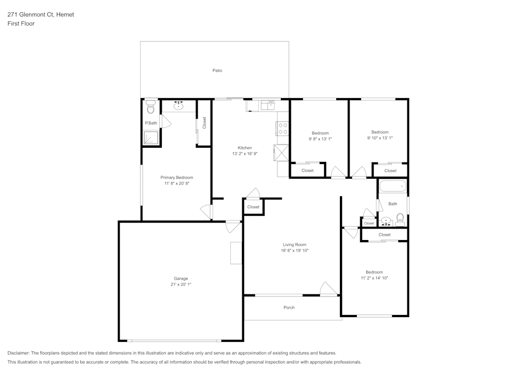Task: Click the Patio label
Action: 217,70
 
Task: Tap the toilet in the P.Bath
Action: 151,107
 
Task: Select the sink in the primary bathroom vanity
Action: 179,106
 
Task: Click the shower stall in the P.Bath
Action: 151,138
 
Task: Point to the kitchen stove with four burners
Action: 282,129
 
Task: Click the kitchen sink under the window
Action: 268,106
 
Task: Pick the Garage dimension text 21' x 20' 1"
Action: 181,284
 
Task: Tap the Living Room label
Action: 294,244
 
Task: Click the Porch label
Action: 289,308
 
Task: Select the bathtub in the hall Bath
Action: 393,186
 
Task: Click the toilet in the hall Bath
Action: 400,219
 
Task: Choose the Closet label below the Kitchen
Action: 253,207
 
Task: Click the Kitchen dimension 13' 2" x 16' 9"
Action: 245,154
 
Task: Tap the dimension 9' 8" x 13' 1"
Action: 320,139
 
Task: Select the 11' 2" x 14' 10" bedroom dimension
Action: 374,278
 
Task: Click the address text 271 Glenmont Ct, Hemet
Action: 41,15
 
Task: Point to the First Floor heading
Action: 21,24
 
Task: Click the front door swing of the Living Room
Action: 329,289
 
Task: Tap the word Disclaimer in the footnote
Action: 19,352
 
